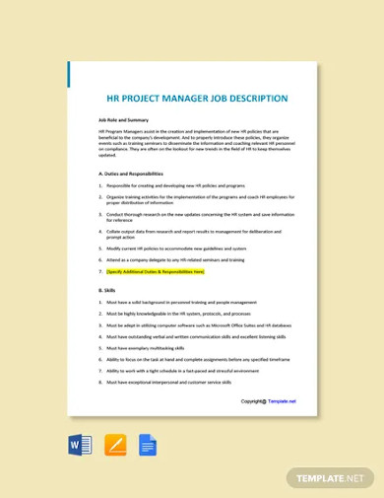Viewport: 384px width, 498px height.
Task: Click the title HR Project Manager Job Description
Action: click(197, 99)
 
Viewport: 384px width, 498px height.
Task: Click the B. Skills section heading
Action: click(107, 290)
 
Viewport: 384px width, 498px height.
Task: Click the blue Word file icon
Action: click(81, 445)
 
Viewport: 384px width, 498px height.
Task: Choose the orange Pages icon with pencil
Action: click(113, 445)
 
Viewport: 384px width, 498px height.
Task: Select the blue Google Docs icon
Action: click(148, 445)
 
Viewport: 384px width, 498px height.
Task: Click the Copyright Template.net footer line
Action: click(269, 400)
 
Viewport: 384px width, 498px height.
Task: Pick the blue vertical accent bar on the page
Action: click(69, 74)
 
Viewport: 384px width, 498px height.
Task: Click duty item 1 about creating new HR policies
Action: click(175, 185)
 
